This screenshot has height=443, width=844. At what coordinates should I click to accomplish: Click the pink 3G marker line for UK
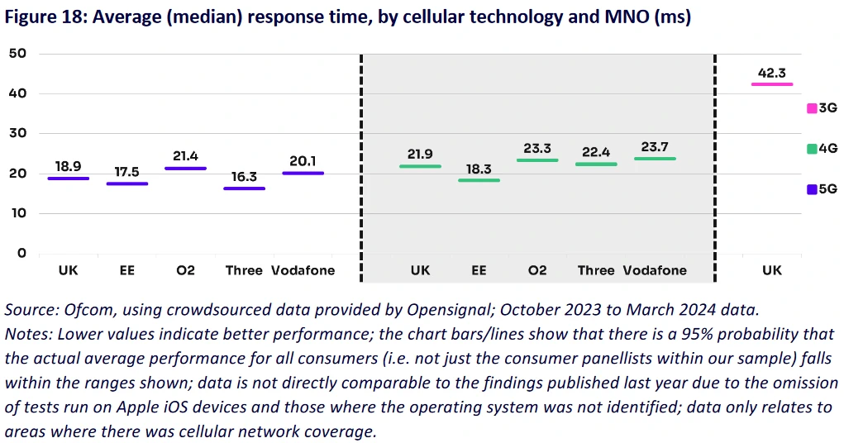(x=771, y=84)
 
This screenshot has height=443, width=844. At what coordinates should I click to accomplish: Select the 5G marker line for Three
(x=244, y=188)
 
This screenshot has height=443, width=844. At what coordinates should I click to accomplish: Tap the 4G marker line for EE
(x=479, y=180)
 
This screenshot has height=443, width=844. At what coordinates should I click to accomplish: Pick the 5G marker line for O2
(x=185, y=169)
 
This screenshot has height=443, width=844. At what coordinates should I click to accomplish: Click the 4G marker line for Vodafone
(x=654, y=159)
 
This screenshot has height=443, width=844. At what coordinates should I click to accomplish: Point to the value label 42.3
(x=771, y=72)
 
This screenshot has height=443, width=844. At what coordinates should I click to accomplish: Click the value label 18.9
(x=68, y=166)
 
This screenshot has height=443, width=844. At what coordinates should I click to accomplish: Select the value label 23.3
(x=537, y=148)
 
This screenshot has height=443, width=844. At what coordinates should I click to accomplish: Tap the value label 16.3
(x=244, y=176)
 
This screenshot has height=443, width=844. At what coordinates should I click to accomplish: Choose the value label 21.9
(x=420, y=154)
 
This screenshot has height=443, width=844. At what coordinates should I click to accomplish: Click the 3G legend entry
(x=823, y=108)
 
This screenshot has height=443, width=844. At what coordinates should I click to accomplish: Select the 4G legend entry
(x=823, y=149)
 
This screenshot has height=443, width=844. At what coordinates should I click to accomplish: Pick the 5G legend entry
(x=823, y=189)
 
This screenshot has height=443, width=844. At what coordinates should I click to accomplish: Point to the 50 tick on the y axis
(x=18, y=54)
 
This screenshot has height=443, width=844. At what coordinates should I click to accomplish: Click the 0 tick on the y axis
(x=22, y=254)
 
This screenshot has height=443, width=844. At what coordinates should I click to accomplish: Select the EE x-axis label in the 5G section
(x=126, y=271)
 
